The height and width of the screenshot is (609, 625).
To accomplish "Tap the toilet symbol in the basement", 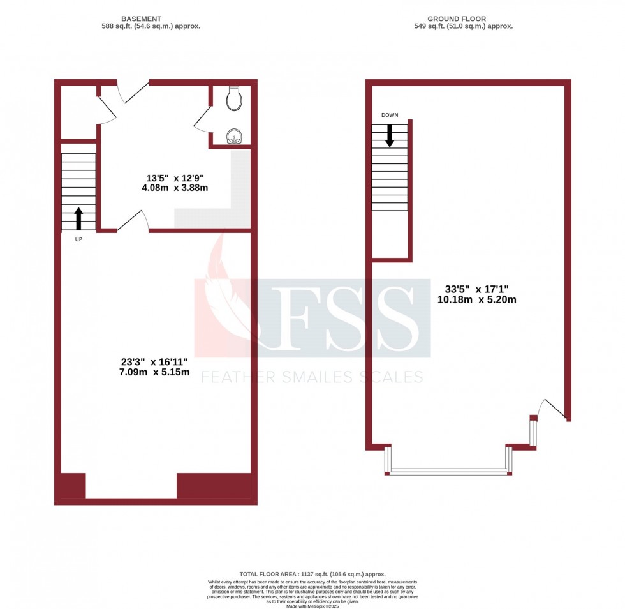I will coord(233,96).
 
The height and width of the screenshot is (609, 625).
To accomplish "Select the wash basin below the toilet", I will coord(235,135).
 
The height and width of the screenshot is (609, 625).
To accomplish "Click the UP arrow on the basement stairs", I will coord(78,218).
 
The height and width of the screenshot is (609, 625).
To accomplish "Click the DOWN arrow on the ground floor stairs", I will coord(389,135).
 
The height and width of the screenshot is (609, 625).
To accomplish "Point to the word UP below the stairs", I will coord(78,240).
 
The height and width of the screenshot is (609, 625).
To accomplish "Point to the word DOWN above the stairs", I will coord(390,115).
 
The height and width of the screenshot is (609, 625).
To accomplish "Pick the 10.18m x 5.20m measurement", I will coord(476,299).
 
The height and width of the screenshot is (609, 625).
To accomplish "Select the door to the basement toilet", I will coord(203,119).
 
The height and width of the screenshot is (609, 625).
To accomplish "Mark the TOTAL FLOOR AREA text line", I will coord(312,574).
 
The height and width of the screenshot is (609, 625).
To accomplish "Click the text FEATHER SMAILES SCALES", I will coord(312,377).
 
